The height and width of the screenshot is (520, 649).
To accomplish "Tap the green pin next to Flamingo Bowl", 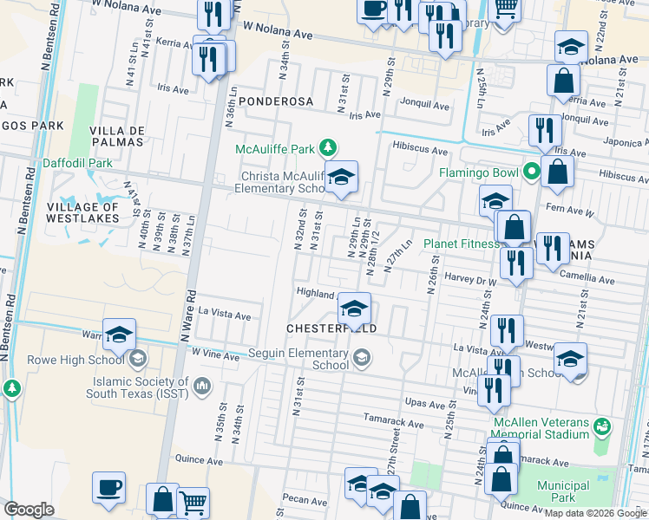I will (x=530, y=172).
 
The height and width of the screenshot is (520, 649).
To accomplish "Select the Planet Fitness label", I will (x=461, y=244).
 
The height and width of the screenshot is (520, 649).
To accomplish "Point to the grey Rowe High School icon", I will (x=137, y=360).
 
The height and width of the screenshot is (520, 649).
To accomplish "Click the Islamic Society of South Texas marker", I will (x=202, y=384).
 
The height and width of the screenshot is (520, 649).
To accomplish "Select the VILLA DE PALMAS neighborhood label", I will (x=115, y=136).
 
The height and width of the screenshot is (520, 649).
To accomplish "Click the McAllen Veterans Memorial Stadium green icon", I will (x=602, y=426).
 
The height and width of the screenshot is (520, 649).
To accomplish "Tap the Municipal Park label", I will (x=562, y=491).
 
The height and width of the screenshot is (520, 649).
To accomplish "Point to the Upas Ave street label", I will (x=424, y=403).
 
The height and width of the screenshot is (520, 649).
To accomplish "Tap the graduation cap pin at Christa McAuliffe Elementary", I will (x=342, y=178).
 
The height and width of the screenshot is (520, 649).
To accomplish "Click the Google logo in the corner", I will (x=29, y=510).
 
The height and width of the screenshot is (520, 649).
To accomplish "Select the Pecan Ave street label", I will (x=304, y=500).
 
